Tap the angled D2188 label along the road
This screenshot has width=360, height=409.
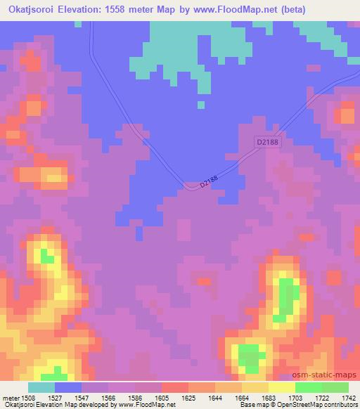(209, 181)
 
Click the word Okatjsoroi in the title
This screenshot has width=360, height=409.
(30, 9)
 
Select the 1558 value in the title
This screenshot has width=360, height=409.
(125, 9)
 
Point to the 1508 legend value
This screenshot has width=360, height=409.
(28, 398)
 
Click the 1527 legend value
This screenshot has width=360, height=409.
(56, 398)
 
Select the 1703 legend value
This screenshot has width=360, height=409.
(296, 398)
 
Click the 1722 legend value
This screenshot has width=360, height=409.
(323, 398)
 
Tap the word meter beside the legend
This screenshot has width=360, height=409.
(10, 398)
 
